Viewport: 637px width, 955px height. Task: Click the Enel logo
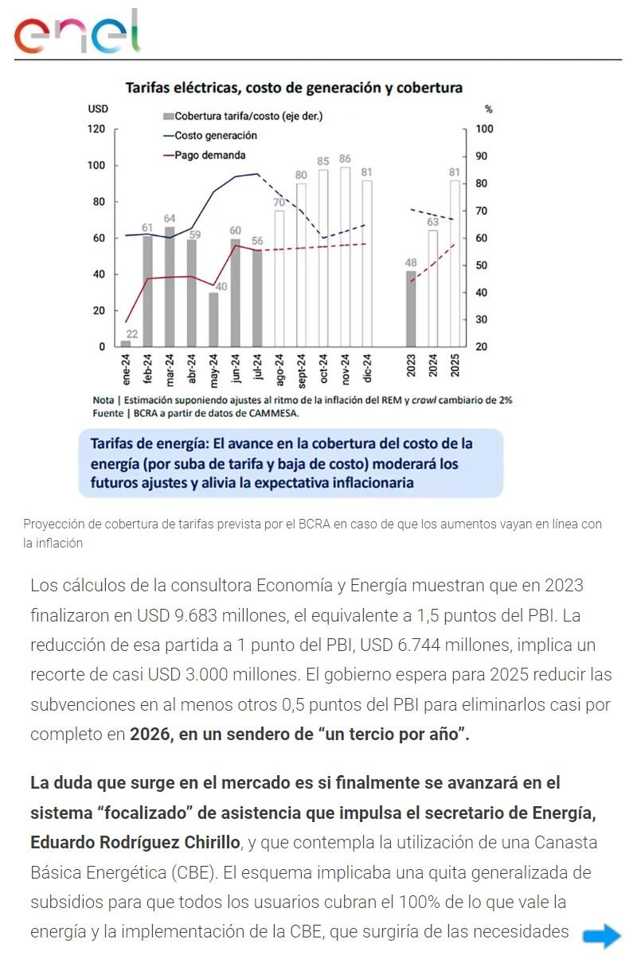[x=77, y=33]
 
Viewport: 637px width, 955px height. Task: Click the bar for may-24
[x=213, y=319]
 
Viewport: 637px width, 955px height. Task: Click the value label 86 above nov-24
[x=345, y=159]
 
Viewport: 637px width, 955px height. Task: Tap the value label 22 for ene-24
[x=131, y=334]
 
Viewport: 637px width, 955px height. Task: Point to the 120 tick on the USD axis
[x=96, y=129]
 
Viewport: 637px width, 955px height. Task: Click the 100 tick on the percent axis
[x=485, y=129]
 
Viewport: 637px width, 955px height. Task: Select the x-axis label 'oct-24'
[x=323, y=366]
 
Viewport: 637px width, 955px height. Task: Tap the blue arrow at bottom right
[x=602, y=936]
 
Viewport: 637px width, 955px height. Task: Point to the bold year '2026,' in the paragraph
[x=151, y=734]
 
